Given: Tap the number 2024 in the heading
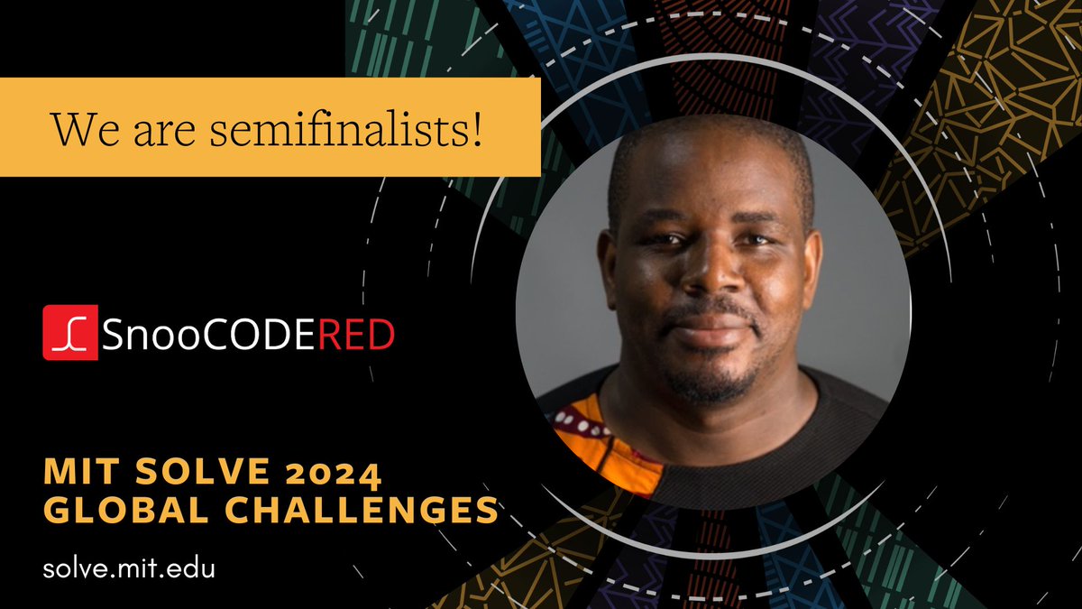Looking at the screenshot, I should pos(333,472).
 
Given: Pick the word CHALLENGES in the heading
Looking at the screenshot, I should pos(346,510).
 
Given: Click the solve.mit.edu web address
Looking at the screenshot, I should pos(129,569).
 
